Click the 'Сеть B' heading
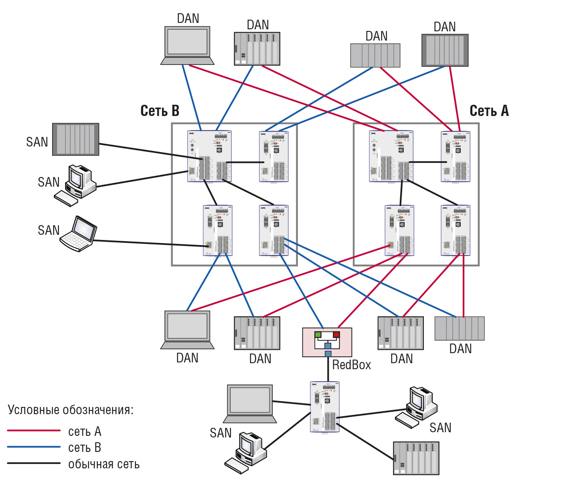160,111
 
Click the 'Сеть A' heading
489,111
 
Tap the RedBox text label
351,365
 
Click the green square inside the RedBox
318,334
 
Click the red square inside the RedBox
336,334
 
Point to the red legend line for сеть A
34,431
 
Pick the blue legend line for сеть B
34,447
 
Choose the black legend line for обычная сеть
34,463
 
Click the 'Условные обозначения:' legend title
71,410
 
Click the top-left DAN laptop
187,45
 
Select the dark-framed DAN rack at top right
445,50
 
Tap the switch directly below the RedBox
325,407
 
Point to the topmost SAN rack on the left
75,139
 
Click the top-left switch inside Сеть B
209,156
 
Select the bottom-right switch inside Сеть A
456,230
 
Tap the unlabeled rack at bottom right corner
416,458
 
